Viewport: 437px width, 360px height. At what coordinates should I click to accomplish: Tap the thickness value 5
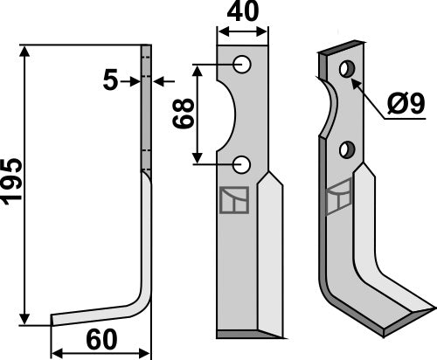coord(110,81)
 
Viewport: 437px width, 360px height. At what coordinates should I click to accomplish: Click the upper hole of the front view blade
coord(242,65)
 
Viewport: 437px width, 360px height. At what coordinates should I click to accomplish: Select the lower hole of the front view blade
coord(242,163)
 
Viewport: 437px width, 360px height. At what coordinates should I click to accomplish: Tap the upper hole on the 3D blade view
coord(348,68)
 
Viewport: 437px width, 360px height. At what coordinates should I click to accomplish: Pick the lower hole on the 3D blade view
coord(349,149)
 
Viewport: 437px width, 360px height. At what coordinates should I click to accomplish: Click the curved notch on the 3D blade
coord(329,109)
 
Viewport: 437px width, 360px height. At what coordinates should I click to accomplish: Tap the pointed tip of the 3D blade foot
coord(432,308)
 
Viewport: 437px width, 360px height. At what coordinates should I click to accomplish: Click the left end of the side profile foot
coord(53,320)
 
